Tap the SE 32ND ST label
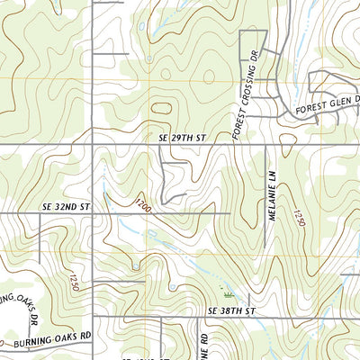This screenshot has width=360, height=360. tap(67, 206)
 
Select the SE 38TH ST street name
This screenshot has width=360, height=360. tap(232, 310)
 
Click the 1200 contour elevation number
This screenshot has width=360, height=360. tap(143, 207)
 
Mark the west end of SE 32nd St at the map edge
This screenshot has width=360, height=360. tap(2, 213)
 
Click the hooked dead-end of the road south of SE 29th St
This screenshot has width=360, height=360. tap(185, 193)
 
